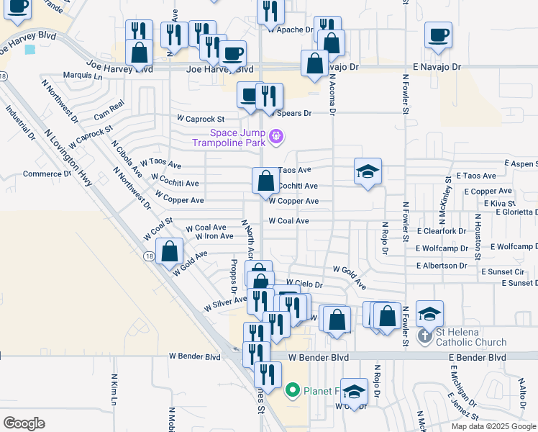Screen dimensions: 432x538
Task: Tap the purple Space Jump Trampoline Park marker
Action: point(275,135)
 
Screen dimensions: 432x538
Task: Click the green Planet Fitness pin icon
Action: point(292,391)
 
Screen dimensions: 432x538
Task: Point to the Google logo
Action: point(24,423)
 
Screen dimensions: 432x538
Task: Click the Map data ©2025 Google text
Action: point(494,426)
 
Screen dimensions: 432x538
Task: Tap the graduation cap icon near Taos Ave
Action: point(367,171)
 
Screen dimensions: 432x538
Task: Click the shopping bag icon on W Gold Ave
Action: point(169,252)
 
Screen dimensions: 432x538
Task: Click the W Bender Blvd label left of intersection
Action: point(194,356)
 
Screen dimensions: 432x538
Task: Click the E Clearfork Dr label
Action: point(441,231)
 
